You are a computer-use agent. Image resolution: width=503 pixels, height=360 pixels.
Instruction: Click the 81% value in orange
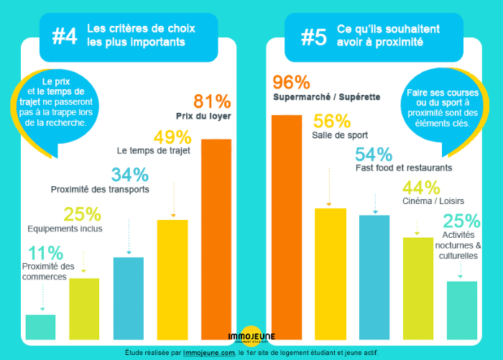[212, 101]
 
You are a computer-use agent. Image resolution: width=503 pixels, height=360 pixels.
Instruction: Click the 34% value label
[130, 175]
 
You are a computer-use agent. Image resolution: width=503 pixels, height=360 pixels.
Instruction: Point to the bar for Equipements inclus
[84, 308]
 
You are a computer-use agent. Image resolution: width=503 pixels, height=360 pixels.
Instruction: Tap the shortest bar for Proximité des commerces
[40, 326]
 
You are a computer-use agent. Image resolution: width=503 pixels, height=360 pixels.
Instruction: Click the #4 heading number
[65, 36]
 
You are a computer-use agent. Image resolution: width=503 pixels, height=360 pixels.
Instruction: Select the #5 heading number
[313, 36]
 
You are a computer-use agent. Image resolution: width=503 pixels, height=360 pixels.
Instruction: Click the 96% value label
[291, 83]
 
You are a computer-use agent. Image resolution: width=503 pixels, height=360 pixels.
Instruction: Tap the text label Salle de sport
[340, 135]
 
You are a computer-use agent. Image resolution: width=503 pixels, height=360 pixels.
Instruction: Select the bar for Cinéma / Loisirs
[418, 287]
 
